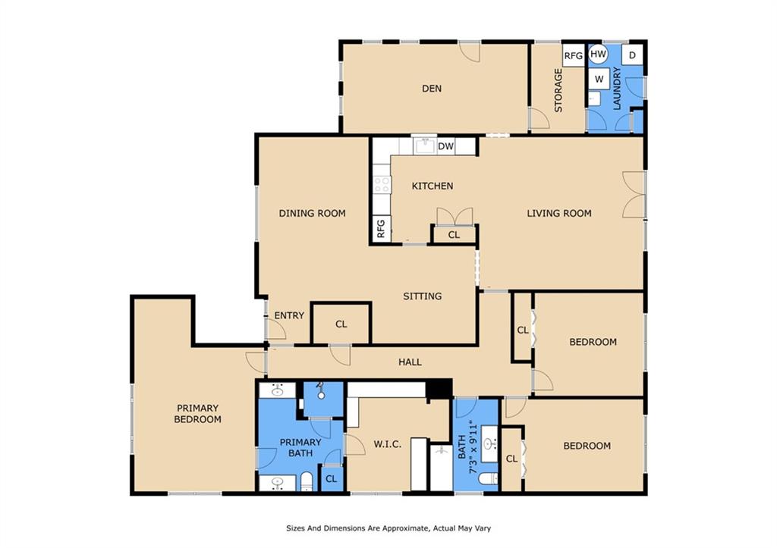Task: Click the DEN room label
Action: [x=432, y=89]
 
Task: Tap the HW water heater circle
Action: [x=599, y=54]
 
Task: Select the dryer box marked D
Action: [x=632, y=55]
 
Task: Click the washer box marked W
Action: [x=599, y=79]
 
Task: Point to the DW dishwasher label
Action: [x=445, y=146]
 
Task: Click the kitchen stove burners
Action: [x=382, y=185]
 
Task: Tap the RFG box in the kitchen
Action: [x=381, y=229]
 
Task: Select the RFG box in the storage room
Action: [x=574, y=55]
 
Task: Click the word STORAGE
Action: [x=558, y=90]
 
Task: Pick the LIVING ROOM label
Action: [x=559, y=213]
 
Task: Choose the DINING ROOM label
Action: [x=312, y=213]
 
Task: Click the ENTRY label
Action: [x=289, y=315]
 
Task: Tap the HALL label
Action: [x=411, y=362]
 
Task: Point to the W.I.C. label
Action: [x=388, y=444]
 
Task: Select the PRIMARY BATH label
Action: [x=300, y=447]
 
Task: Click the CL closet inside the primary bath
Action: [x=332, y=479]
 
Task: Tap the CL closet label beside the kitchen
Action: [x=454, y=235]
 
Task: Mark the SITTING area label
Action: [x=422, y=296]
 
